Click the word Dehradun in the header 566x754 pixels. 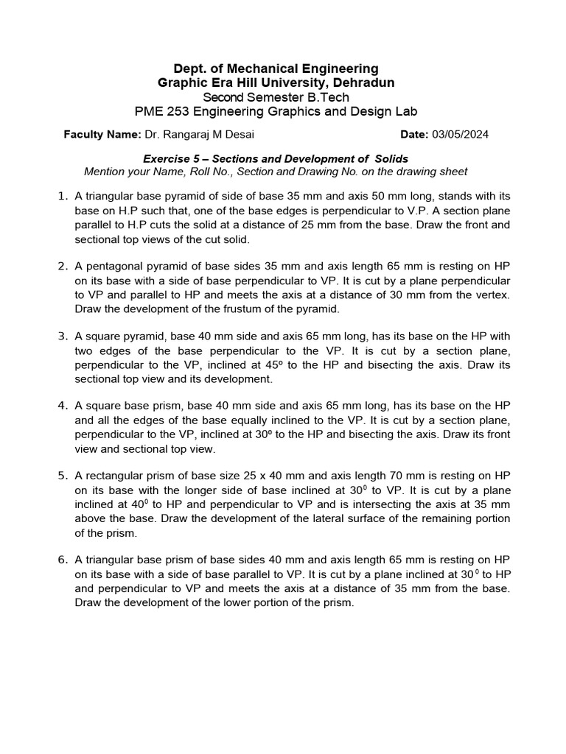[361, 83]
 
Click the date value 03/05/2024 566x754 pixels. [460, 135]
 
